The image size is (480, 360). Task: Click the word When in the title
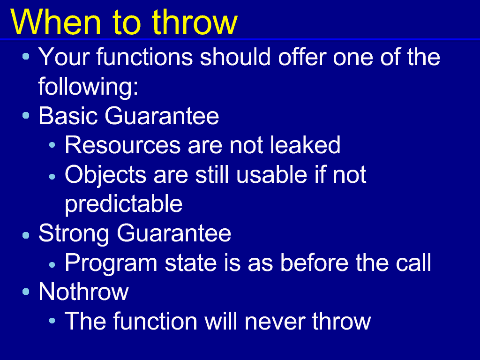(x=56, y=22)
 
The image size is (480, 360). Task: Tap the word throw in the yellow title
(x=195, y=22)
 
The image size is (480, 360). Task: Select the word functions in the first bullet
(x=144, y=57)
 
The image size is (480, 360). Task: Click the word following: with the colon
(x=89, y=87)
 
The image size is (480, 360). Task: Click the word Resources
(x=122, y=145)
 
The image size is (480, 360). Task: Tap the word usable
(x=271, y=174)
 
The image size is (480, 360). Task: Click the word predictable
(x=124, y=204)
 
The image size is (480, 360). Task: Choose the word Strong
(x=74, y=234)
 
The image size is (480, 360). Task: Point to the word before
(x=314, y=262)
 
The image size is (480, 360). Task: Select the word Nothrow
(x=83, y=292)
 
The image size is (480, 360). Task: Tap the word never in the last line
(x=274, y=322)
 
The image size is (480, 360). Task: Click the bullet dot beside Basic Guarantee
(x=26, y=115)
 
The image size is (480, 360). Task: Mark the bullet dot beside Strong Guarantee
(x=26, y=235)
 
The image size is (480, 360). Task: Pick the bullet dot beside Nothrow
(x=26, y=292)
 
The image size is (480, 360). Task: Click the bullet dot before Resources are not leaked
(x=52, y=145)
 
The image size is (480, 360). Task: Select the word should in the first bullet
(x=235, y=57)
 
